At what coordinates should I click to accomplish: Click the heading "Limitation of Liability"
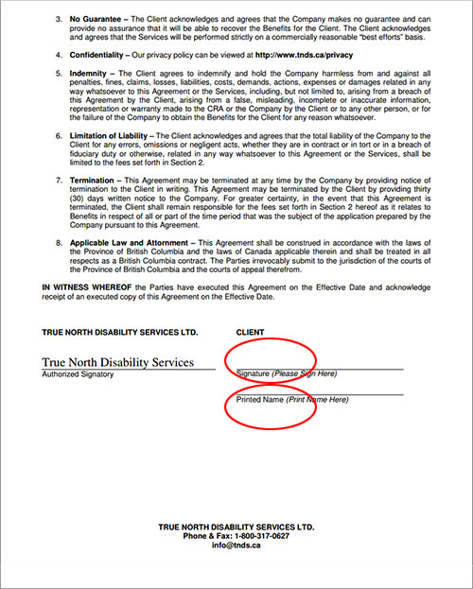(x=111, y=136)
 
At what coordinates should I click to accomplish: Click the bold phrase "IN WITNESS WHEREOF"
(x=86, y=287)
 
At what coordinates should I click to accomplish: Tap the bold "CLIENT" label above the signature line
(x=251, y=332)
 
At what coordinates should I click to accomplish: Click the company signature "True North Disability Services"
(x=118, y=362)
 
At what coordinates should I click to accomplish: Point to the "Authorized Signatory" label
(x=78, y=374)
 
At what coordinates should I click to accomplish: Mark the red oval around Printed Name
(x=271, y=406)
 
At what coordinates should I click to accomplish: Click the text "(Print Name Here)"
(x=318, y=400)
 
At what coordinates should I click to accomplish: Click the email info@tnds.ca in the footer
(x=236, y=546)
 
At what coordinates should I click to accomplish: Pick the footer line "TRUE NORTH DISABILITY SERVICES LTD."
(x=236, y=526)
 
